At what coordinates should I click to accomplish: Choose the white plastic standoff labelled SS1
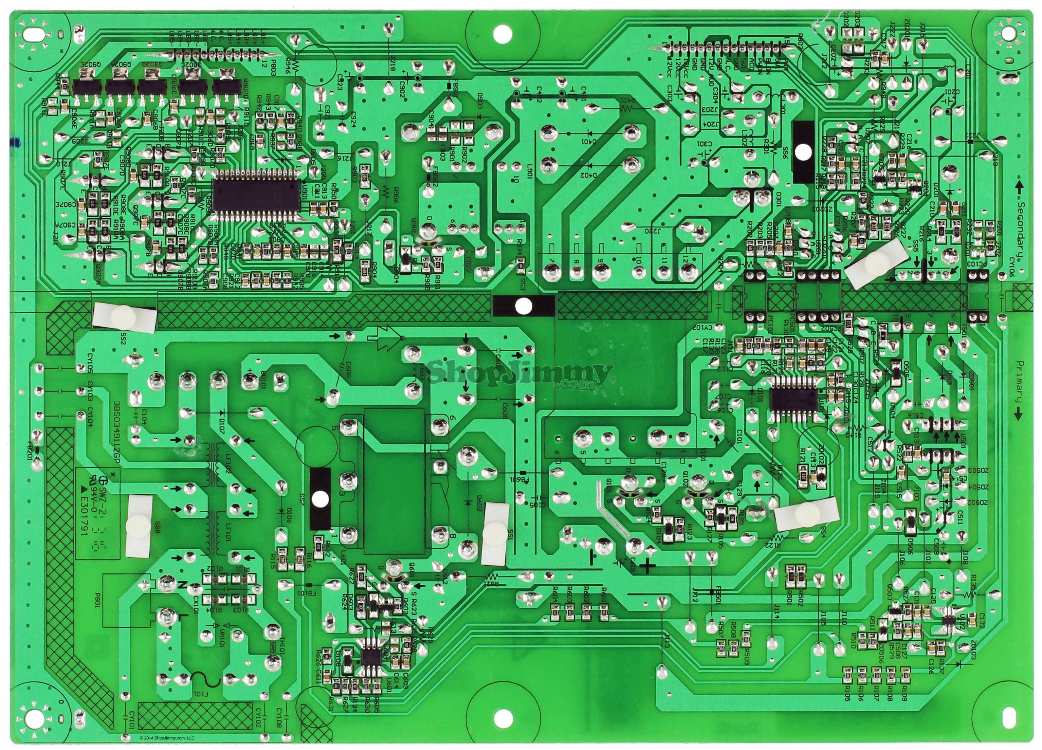tap(494, 533)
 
